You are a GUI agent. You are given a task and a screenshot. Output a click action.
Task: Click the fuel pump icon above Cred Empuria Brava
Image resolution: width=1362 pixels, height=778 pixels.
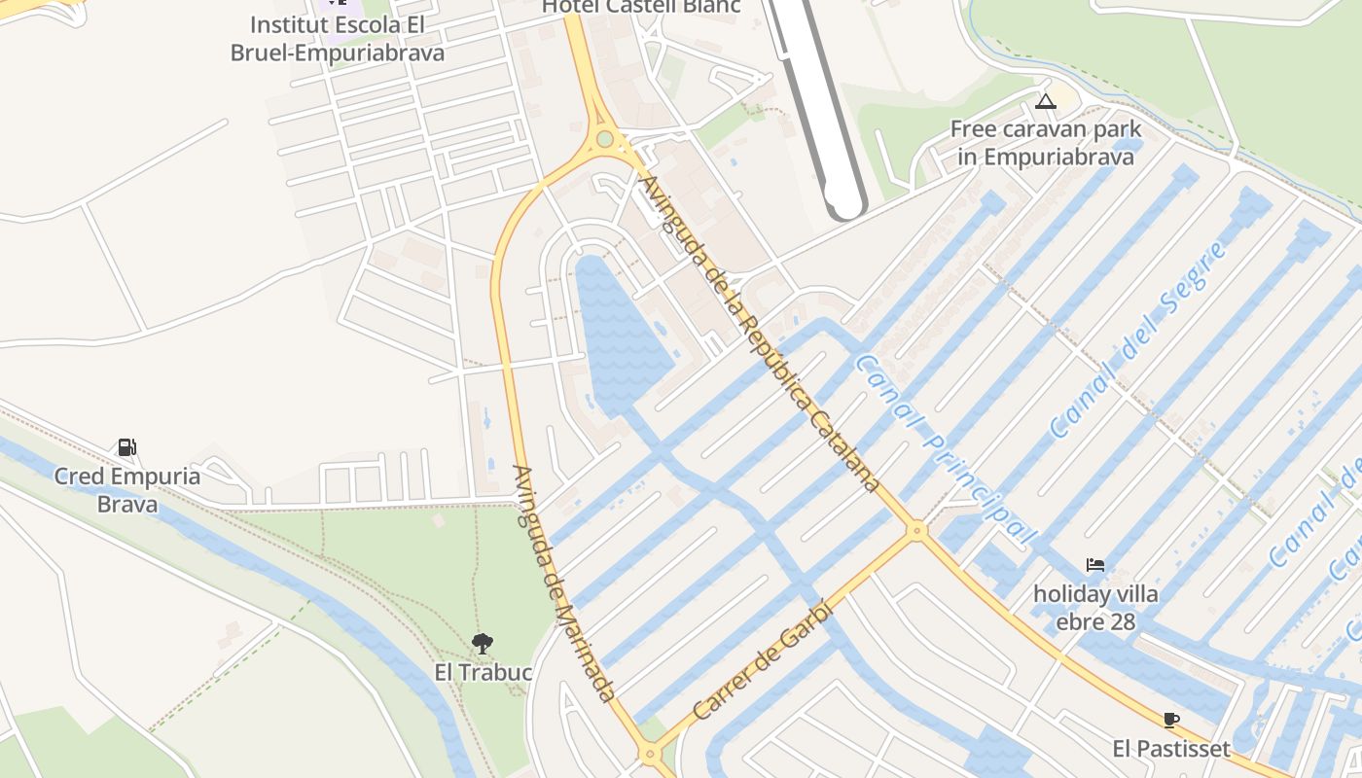[126, 447]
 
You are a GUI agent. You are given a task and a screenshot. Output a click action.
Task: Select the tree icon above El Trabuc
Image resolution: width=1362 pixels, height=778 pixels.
[482, 643]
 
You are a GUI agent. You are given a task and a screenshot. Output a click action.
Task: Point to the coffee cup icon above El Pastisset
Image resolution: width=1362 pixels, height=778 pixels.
[1171, 721]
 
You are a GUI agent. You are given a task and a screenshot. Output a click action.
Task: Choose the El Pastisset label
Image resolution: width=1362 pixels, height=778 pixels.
[1171, 749]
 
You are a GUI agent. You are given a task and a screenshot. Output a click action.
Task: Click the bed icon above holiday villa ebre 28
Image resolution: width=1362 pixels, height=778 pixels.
[1095, 565]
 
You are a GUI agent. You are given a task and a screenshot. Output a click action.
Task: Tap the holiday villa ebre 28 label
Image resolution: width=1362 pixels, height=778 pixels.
[1095, 607]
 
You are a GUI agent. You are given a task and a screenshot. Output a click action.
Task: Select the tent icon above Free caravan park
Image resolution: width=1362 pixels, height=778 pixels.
[1046, 101]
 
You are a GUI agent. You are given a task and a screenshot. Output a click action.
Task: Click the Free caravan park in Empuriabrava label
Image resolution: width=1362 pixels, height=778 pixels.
[1046, 142]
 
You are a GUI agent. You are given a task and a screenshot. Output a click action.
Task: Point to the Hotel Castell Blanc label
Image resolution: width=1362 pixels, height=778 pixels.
[641, 6]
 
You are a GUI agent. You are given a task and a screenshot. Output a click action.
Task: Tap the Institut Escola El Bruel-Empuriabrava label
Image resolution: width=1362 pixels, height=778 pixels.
[337, 38]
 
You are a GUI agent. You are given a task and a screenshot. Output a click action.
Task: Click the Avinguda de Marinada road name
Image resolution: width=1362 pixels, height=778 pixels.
[563, 583]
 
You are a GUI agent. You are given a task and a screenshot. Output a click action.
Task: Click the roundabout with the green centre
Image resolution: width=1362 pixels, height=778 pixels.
[605, 139]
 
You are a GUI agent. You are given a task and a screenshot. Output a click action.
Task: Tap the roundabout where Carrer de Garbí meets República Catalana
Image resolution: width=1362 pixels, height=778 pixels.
[915, 530]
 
